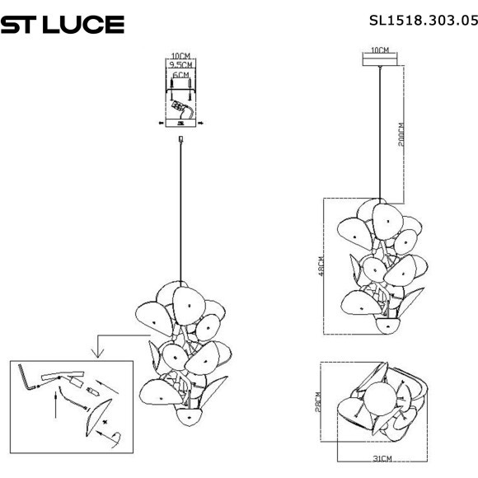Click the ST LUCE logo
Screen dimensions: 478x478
(x=63, y=25)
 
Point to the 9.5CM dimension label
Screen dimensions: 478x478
(x=180, y=64)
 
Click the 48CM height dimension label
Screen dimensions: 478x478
(x=320, y=267)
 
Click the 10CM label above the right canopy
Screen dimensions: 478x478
(x=380, y=50)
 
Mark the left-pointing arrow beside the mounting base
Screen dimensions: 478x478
(x=161, y=124)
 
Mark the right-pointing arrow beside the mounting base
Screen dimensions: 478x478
(x=200, y=124)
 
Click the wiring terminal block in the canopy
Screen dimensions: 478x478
(x=179, y=107)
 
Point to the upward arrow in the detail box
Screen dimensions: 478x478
(x=54, y=403)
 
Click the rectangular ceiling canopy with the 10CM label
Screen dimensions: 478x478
(x=380, y=59)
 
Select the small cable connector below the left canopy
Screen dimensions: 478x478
(x=180, y=140)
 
